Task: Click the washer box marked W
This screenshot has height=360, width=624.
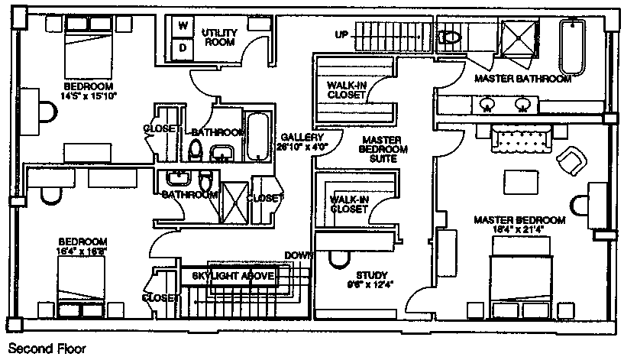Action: point(183,26)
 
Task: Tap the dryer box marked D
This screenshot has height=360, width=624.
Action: point(183,47)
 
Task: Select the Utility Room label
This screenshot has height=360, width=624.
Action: point(220,37)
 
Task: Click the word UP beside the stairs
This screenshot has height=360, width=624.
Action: point(341,34)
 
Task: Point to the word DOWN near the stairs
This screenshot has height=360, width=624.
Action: point(299,255)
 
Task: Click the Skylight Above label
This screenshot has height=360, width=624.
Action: point(232,275)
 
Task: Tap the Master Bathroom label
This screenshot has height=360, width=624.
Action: point(522,79)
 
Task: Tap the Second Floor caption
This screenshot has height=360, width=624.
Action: point(47,348)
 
